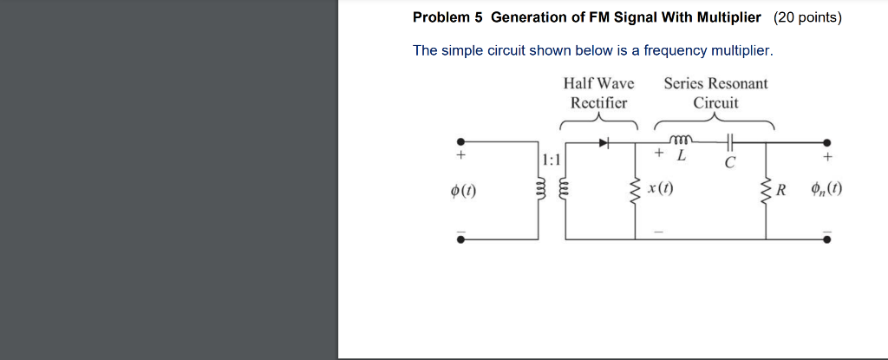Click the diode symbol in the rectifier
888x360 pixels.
[x=604, y=142]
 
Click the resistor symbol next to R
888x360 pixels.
[x=766, y=190]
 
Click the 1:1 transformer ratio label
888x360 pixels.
[x=551, y=160]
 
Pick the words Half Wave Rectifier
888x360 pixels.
[x=598, y=93]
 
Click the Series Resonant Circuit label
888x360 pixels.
[x=715, y=93]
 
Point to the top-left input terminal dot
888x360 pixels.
[x=460, y=142]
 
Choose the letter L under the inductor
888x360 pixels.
[x=681, y=157]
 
